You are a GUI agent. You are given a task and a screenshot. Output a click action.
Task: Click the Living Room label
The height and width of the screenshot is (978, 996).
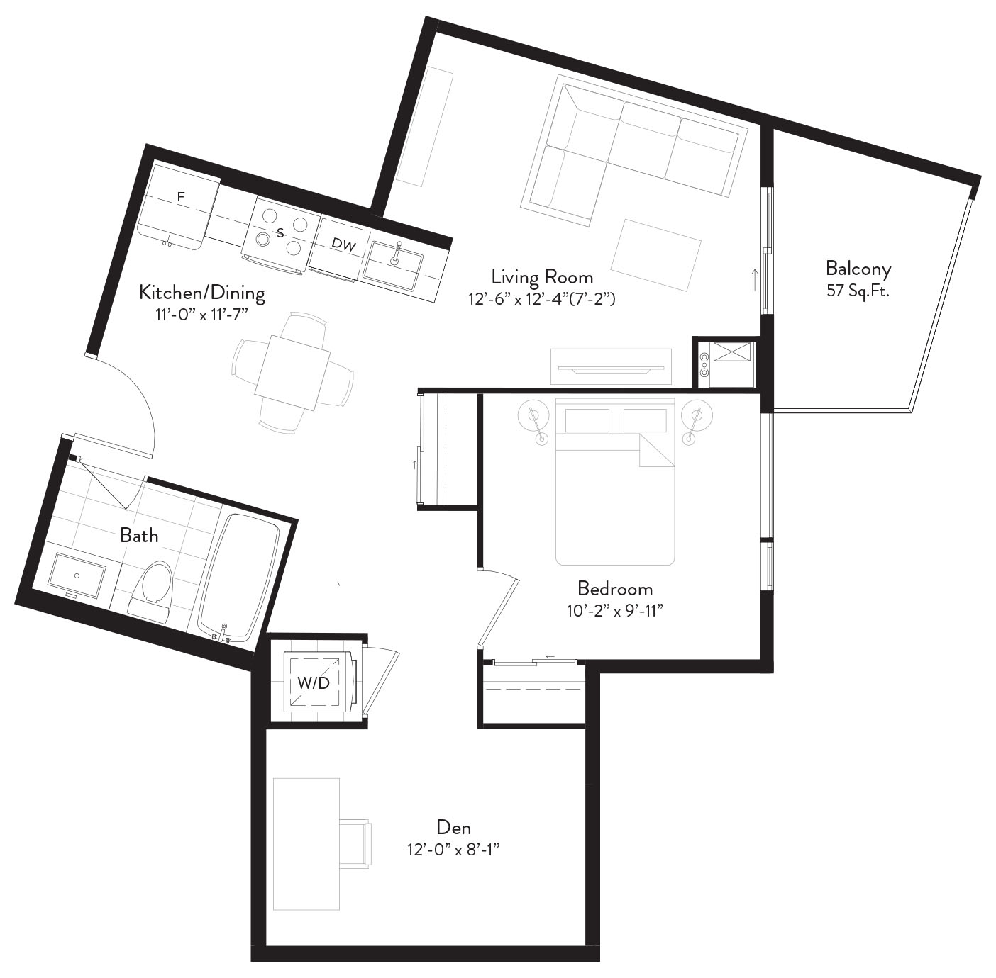(542, 277)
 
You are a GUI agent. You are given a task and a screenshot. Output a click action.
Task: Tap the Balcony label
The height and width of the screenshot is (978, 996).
(858, 269)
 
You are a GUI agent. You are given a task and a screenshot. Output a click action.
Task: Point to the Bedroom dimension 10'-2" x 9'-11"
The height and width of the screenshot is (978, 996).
(614, 611)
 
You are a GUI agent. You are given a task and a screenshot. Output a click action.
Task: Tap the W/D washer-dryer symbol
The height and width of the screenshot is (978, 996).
(314, 682)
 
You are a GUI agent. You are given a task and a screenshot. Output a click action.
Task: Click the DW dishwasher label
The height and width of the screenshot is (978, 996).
(344, 244)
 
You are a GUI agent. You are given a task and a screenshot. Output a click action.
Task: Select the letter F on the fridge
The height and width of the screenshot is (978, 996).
(181, 197)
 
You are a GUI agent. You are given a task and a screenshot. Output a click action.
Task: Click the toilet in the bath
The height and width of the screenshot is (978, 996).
(151, 591)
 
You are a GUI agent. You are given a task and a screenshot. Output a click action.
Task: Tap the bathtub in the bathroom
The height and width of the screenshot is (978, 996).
(239, 578)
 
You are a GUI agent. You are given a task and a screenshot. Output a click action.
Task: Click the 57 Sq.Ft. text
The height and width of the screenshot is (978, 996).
(858, 291)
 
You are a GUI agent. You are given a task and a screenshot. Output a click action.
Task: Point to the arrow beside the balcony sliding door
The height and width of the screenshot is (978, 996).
(755, 279)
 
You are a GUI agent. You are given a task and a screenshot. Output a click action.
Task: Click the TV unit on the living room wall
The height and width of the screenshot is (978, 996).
(611, 367)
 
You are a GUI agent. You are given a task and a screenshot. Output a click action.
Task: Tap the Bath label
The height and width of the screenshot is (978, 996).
(139, 535)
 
